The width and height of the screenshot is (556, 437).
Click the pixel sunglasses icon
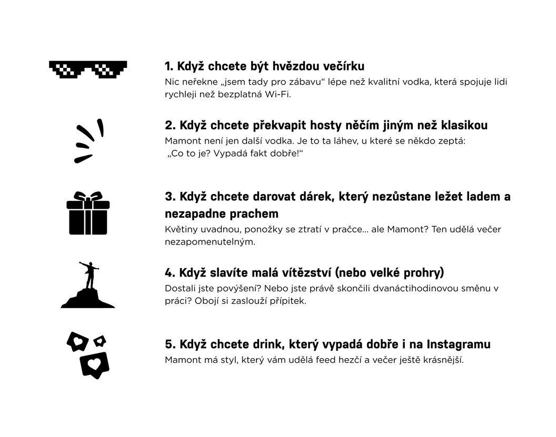88,68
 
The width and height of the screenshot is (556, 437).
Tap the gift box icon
88,213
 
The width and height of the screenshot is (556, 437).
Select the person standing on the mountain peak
90,276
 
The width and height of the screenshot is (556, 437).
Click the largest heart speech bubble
95,365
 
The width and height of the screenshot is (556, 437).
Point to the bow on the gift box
88,197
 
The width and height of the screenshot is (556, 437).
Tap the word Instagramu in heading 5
459,344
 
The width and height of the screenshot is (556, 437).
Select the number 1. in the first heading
169,66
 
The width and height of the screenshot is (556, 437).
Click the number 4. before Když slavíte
170,273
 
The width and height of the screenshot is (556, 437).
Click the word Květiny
181,229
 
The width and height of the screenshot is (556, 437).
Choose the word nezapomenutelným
210,242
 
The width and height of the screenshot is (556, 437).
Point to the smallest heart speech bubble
100,341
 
